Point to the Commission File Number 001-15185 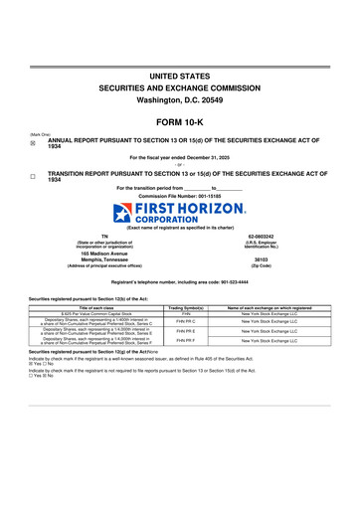[x=180, y=196]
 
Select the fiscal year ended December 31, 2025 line [x=180, y=157]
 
